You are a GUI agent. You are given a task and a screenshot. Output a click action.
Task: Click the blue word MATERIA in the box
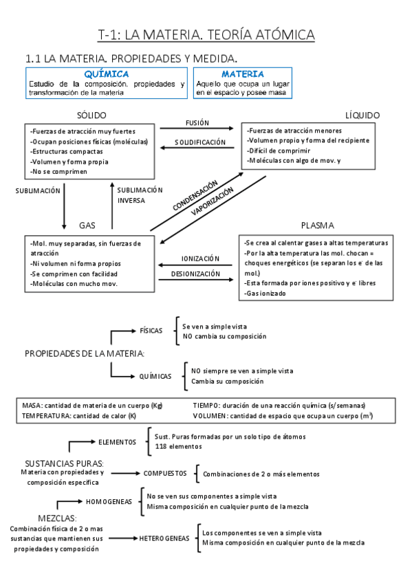point(243,74)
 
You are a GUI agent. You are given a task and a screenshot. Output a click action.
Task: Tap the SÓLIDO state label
point(92,115)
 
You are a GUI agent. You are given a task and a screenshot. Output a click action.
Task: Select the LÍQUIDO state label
point(362,115)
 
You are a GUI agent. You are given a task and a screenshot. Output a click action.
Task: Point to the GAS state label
point(87,225)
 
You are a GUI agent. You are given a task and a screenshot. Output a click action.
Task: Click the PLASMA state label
point(317,225)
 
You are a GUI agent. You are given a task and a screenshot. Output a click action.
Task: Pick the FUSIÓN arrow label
point(197,122)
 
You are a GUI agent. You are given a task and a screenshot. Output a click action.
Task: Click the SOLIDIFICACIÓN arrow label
point(200,142)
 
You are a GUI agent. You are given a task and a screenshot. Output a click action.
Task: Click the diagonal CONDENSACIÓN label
point(195,195)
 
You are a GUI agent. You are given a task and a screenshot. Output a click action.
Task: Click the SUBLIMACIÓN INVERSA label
point(140,195)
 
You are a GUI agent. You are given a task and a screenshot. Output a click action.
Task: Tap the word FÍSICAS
point(151,331)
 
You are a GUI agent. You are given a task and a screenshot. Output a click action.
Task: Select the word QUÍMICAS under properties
point(155,376)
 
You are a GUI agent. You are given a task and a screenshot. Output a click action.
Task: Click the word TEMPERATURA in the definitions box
point(46,416)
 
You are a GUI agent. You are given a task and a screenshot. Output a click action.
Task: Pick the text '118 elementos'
point(178,446)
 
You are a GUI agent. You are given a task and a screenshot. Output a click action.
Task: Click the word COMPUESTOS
point(165,474)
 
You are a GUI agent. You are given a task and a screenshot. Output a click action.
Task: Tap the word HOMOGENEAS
point(109,502)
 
